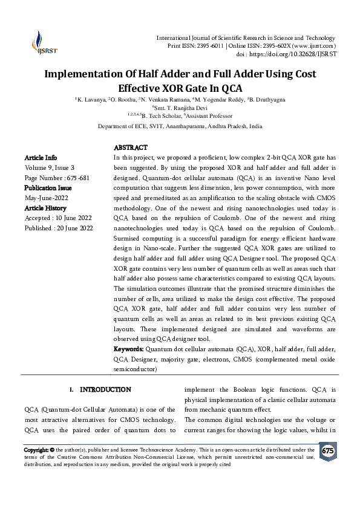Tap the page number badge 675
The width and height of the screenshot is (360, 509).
point(327,452)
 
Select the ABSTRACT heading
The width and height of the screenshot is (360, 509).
point(131,148)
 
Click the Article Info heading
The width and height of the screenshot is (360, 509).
point(41,157)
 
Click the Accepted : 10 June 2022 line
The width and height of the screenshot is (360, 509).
point(58,218)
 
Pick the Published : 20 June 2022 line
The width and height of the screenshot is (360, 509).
point(59,228)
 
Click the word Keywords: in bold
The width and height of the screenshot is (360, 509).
point(129,349)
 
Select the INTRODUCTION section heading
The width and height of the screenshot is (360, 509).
point(105,390)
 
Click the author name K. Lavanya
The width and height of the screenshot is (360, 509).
point(90,99)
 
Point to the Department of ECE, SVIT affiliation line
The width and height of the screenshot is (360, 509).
point(180,127)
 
